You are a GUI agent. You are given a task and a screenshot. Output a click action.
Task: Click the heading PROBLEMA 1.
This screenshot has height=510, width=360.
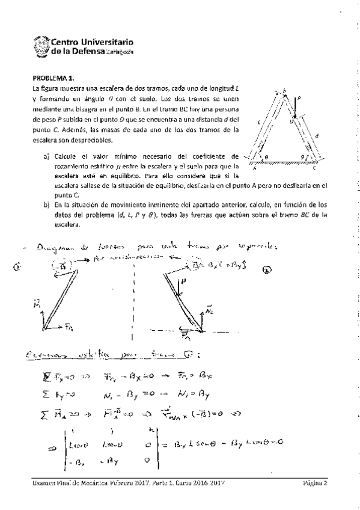coord(53,78)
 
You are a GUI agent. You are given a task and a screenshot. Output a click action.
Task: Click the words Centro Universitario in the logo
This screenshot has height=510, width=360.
coord(92,42)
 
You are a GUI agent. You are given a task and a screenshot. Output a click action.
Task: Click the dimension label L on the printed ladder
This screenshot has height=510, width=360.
coord(260,123)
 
